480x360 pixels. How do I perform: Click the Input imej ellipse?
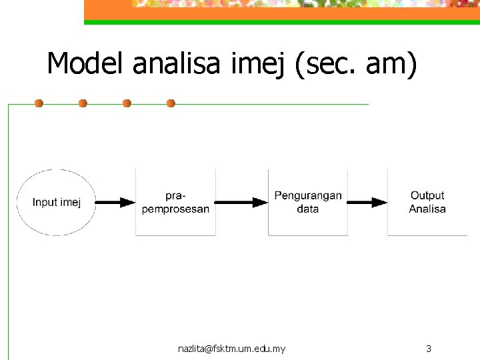(56, 202)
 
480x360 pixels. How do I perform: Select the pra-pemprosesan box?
(175, 202)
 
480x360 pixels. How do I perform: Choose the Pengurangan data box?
(307, 202)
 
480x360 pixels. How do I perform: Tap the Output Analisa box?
(427, 202)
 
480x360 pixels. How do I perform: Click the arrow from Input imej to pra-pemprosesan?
(116, 202)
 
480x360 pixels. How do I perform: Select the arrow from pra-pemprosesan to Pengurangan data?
(241, 202)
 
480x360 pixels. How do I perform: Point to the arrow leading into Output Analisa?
(367, 202)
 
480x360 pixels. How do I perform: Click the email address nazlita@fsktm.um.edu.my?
(232, 349)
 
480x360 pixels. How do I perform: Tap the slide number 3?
(429, 349)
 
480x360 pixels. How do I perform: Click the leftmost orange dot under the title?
(39, 103)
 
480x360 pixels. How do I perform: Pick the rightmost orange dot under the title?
(171, 103)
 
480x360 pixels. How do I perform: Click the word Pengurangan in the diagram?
(307, 196)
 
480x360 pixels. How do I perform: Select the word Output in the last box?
(427, 195)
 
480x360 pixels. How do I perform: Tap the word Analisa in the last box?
(427, 209)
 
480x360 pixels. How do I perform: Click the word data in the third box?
(307, 209)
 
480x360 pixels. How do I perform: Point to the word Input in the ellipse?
(45, 202)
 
